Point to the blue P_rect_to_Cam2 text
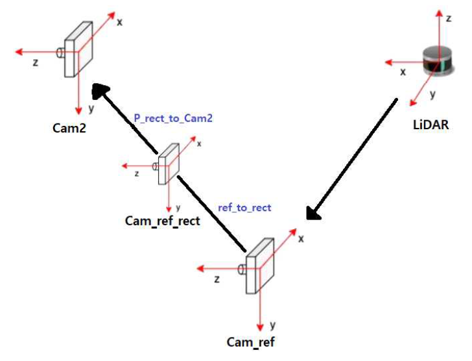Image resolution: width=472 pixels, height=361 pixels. tap(173, 118)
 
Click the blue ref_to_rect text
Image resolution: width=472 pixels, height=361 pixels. tap(245, 208)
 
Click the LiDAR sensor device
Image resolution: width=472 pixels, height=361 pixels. tap(435, 61)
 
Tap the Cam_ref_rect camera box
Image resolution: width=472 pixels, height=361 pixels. tap(168, 163)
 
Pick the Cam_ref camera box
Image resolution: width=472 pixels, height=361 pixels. tap(259, 266)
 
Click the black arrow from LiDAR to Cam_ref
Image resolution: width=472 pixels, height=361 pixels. tap(352, 159)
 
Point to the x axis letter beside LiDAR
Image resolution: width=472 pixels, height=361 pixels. tap(403, 72)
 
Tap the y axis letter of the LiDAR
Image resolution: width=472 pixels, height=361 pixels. tap(432, 95)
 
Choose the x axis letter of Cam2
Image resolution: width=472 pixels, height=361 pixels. tap(119, 21)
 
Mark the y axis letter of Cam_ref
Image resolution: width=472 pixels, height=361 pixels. tap(273, 324)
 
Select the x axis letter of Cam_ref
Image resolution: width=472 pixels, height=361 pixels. tap(301, 239)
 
